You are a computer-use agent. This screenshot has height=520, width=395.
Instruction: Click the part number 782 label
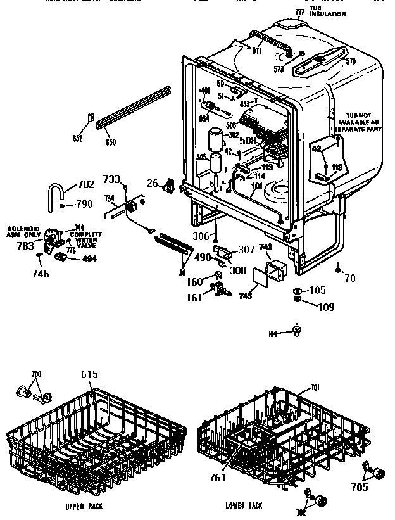point(85,185)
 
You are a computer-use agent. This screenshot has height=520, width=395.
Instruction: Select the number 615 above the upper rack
point(89,375)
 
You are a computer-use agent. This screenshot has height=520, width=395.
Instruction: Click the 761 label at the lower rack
point(218,478)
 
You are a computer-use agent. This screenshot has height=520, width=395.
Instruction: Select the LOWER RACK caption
point(244,506)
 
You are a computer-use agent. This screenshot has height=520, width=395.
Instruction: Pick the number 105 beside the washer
point(317,291)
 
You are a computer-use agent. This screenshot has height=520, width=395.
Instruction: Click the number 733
point(112,180)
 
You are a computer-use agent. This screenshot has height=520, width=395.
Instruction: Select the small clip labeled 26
point(169,184)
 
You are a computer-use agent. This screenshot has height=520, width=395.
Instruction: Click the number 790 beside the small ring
point(84,204)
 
